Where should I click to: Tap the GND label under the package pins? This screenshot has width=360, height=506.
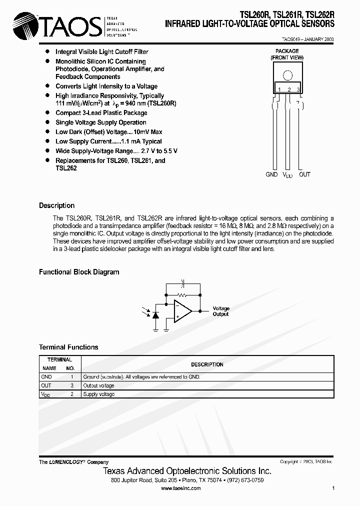click(x=272, y=174)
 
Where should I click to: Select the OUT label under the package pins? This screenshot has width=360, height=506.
click(x=304, y=174)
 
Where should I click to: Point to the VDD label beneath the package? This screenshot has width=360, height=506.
click(x=288, y=175)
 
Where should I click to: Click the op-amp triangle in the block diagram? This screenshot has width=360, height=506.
click(x=182, y=311)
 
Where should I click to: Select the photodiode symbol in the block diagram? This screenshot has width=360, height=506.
click(x=155, y=315)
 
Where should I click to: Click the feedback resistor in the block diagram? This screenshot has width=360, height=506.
click(x=183, y=295)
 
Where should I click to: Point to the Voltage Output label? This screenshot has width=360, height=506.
click(x=221, y=311)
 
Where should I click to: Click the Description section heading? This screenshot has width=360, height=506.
click(x=56, y=205)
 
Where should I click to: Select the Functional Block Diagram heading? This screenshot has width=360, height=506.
click(x=79, y=272)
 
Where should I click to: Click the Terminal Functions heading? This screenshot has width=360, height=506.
click(x=68, y=347)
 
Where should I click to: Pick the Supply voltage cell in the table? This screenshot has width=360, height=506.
click(x=98, y=394)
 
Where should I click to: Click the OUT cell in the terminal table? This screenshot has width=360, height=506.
click(x=46, y=385)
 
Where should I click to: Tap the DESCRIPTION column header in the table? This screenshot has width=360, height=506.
click(x=207, y=364)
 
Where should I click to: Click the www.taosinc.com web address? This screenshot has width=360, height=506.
click(x=180, y=488)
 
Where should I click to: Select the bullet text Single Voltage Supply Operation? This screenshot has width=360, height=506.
click(x=100, y=122)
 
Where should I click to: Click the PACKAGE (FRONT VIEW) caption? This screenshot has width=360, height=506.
click(x=287, y=54)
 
